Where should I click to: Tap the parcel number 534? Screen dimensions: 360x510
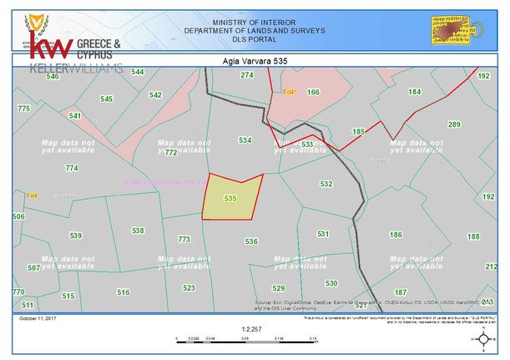245,140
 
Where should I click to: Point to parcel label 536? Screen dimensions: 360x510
250,241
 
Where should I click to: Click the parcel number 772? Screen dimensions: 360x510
170,153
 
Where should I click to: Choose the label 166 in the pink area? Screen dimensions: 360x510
313,92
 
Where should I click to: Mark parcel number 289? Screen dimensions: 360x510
454,124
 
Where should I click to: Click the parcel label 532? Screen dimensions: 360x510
326,184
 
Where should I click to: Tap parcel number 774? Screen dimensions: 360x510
71,168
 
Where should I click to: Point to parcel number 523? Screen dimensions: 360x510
189,287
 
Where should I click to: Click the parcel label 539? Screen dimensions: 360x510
75,236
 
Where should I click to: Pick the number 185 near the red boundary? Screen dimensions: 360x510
359,132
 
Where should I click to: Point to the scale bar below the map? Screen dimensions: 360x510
247,337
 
